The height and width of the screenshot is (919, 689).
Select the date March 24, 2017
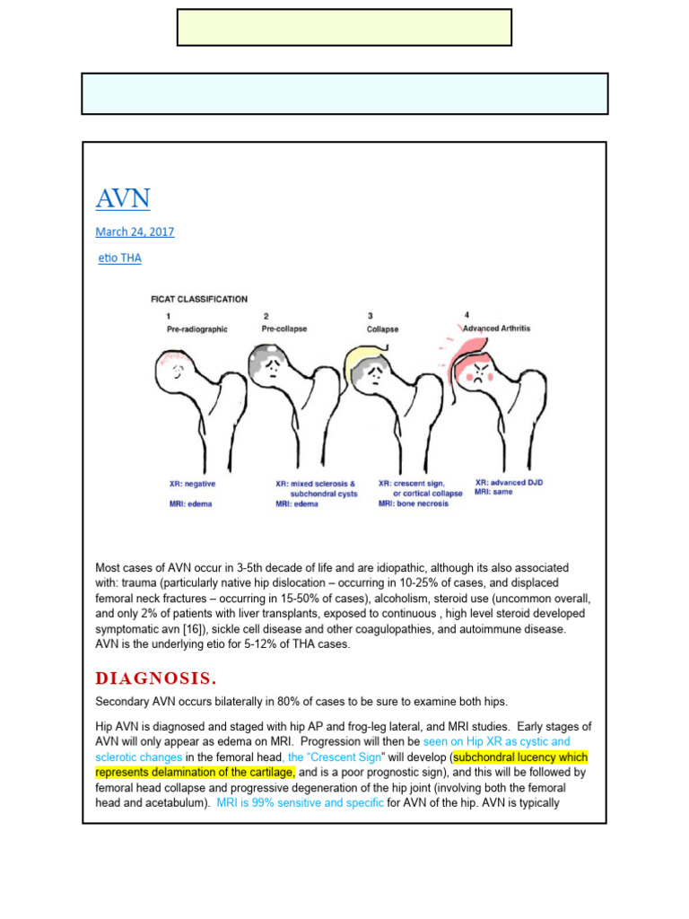tap(135, 232)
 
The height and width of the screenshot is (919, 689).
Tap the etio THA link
tap(119, 258)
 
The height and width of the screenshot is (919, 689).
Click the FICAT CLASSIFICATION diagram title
tap(198, 299)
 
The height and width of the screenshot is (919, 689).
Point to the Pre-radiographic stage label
tap(197, 329)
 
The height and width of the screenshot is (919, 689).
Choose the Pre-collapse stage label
tap(284, 328)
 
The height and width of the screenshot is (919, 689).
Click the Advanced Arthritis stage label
tap(496, 328)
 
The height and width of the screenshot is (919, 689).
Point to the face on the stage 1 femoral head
tap(178, 367)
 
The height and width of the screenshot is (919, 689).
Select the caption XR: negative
tap(192, 483)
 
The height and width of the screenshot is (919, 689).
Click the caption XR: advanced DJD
tap(509, 483)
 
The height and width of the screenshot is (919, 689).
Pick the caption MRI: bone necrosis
tap(413, 503)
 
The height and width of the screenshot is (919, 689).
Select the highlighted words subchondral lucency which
tap(521, 757)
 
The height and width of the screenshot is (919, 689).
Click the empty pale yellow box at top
tap(344, 28)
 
